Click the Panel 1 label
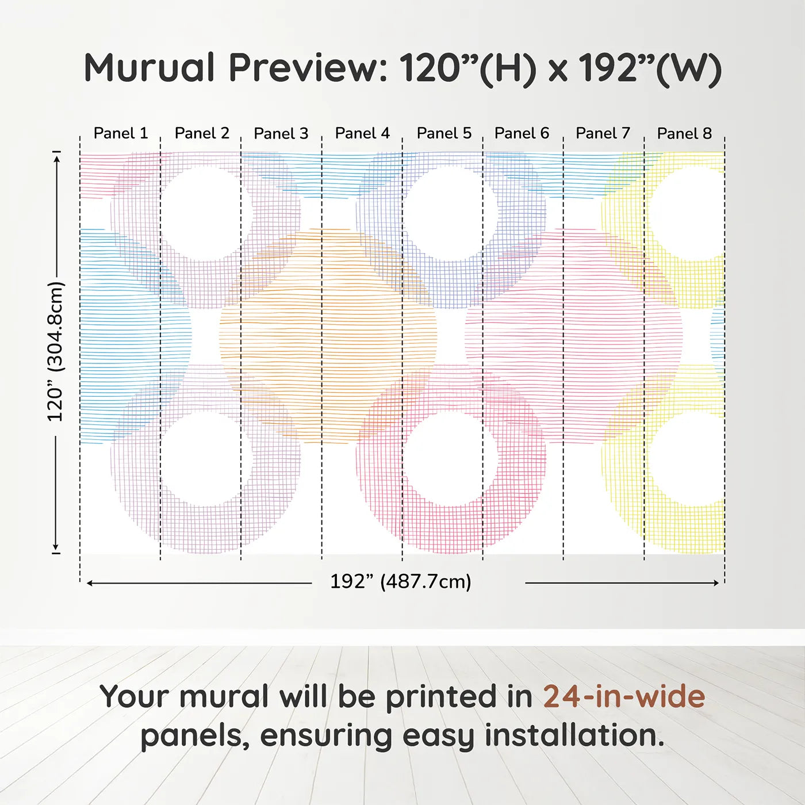point(121,133)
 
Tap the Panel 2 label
point(202,133)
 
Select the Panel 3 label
point(281,133)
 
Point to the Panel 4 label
point(362,133)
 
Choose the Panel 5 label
point(444,133)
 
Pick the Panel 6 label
point(522,133)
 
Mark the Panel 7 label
point(603,133)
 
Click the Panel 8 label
point(684,133)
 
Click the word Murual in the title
point(149,68)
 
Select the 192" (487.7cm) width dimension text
point(400,582)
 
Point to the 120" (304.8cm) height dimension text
point(56,351)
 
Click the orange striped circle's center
point(328,336)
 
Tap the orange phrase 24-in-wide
point(624,696)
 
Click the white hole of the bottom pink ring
point(450,458)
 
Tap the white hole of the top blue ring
point(450,213)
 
